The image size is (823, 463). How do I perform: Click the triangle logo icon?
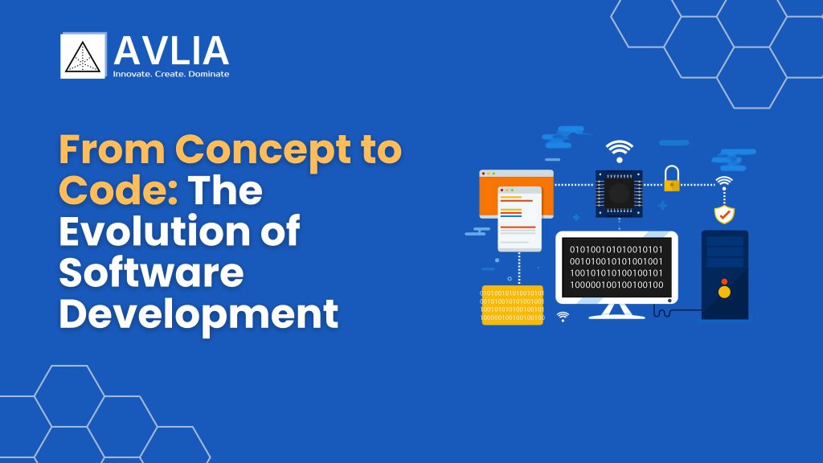point(83,55)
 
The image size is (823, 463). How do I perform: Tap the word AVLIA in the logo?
point(171,51)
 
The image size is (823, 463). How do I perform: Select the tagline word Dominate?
point(209,74)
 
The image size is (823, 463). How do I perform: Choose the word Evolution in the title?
point(155,231)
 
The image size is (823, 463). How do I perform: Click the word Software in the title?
point(151,272)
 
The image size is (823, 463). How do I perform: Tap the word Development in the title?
point(199,314)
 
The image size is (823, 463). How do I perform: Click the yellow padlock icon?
point(672,178)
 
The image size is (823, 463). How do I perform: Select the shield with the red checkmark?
point(724,214)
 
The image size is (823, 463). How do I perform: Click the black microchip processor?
point(619,193)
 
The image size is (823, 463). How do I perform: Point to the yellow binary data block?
point(513,305)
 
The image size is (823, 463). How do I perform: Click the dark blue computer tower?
point(725,275)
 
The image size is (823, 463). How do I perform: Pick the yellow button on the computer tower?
point(724,292)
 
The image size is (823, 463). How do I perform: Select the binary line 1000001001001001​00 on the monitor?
point(616,285)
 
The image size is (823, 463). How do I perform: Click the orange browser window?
point(516,193)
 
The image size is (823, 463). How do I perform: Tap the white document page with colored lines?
point(520,219)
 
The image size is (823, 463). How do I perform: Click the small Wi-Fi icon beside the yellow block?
point(563,316)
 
